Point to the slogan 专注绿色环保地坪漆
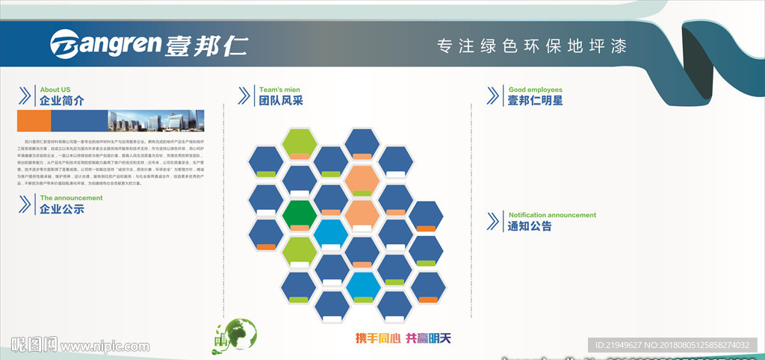coord(531,46)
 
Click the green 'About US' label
coord(55,90)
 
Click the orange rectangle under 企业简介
coord(34,121)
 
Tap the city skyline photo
coord(156,121)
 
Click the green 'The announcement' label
coord(71,198)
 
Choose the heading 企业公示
coord(62,209)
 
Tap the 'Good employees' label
coord(535,90)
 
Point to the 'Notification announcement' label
coord(552,215)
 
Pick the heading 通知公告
coord(530,226)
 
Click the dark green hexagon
coord(300,214)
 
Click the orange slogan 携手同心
coord(377,338)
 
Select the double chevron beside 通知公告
coord(492,221)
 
